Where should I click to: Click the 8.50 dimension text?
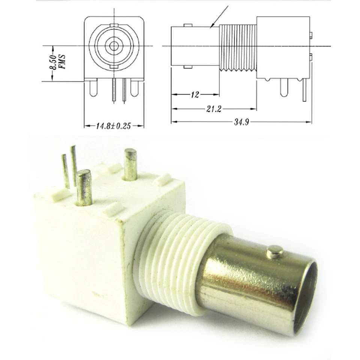pos(53,62)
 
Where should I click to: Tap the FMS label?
pos(62,62)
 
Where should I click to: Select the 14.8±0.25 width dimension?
pos(113,126)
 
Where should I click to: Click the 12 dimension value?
pos(195,94)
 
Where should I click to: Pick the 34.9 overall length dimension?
pos(242,122)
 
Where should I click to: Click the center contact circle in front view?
pos(114,46)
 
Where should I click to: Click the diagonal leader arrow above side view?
pos(220,16)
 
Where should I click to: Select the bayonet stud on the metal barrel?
pos(274,252)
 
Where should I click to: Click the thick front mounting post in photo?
pos(84,187)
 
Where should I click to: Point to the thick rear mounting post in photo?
pos(130,164)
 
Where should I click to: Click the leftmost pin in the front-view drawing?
pos(93,88)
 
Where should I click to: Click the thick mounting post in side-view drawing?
pos(284,88)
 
